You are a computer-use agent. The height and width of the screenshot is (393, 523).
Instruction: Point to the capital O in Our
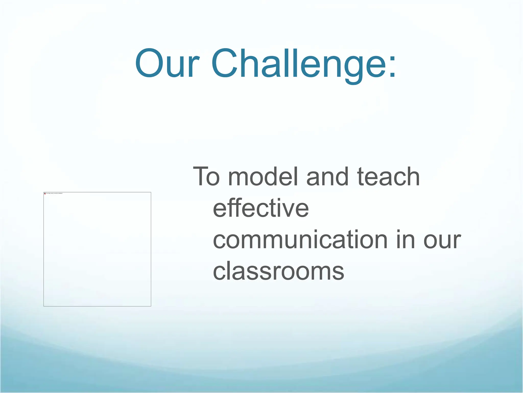[x=149, y=63]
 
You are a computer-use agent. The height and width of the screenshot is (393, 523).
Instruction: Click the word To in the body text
[x=206, y=177]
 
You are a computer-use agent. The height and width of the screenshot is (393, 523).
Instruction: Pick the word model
[x=263, y=177]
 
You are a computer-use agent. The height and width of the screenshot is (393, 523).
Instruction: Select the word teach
[x=388, y=177]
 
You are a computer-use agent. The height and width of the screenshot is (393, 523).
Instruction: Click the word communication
[x=300, y=240]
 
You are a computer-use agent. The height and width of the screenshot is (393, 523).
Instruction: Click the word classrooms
[x=278, y=271]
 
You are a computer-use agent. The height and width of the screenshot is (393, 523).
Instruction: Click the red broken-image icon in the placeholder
[x=45, y=193]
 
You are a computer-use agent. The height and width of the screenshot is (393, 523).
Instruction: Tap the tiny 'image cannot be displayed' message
[x=54, y=193]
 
